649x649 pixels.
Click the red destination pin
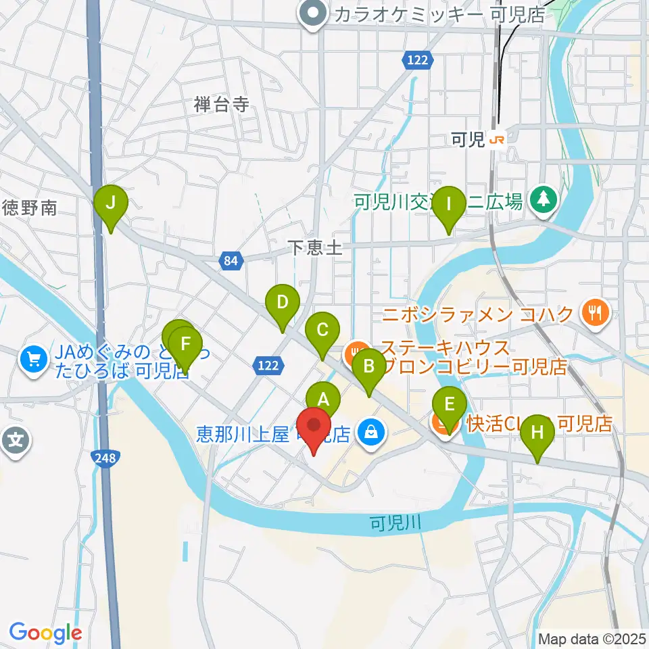tap(314, 428)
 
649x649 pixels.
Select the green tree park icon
tap(542, 199)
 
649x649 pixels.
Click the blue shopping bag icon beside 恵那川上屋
tap(370, 429)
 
